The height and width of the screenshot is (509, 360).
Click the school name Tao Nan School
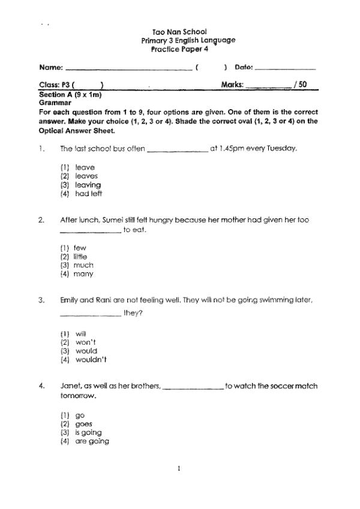point(179,31)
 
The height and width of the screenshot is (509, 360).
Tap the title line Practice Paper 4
point(179,49)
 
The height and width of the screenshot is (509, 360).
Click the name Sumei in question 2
point(110,220)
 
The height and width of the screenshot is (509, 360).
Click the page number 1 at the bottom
point(179,468)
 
